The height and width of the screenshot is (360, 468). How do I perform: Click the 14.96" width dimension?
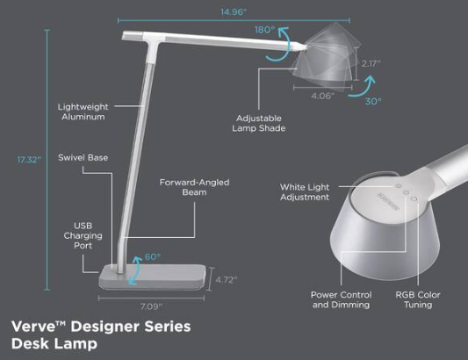[x=232, y=11]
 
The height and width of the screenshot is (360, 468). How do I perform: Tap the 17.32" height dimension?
[x=29, y=159]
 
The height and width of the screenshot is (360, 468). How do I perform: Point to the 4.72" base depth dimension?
[x=227, y=279]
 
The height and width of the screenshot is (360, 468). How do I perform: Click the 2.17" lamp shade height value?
[x=371, y=63]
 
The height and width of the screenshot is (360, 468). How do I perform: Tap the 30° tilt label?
[x=374, y=102]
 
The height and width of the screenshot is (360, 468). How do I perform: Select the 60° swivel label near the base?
[x=151, y=258]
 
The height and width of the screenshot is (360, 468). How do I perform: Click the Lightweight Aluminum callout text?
[x=82, y=112]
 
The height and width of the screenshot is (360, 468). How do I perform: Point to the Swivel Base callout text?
[x=83, y=158]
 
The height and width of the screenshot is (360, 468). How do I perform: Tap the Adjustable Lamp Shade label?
[x=261, y=123]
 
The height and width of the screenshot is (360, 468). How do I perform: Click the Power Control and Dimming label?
[x=341, y=299]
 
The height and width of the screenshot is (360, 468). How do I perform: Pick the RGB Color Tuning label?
[x=418, y=299]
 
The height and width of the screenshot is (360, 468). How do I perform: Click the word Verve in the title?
[x=32, y=327]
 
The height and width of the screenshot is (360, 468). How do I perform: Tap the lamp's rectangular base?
[x=158, y=277]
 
